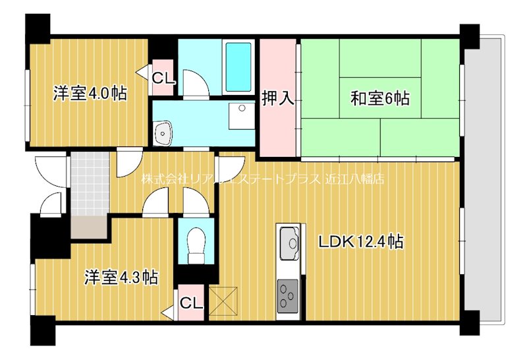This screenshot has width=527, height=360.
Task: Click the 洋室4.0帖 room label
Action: point(90,94)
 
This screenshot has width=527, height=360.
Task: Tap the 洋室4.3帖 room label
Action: point(121,277)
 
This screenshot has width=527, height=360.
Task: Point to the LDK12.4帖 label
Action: point(361,241)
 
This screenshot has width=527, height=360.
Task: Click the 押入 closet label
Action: point(278,98)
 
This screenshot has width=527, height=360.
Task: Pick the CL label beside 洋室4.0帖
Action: point(163,78)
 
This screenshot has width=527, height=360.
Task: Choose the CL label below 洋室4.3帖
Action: point(191,303)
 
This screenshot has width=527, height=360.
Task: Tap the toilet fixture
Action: point(195,243)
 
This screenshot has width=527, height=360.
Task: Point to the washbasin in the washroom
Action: point(162,133)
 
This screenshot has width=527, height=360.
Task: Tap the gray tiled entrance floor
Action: point(88,185)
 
